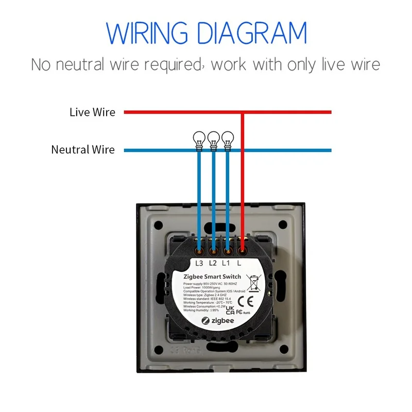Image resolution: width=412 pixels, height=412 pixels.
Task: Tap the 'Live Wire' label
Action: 92,112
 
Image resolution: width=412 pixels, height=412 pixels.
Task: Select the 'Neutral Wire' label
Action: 83,150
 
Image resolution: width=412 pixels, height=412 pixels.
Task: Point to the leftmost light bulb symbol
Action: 198,138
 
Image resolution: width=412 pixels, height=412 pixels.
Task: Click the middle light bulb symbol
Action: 213,138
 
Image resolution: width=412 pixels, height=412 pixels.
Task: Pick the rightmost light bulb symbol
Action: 227,138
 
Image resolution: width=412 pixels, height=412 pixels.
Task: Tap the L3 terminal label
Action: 200,263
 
